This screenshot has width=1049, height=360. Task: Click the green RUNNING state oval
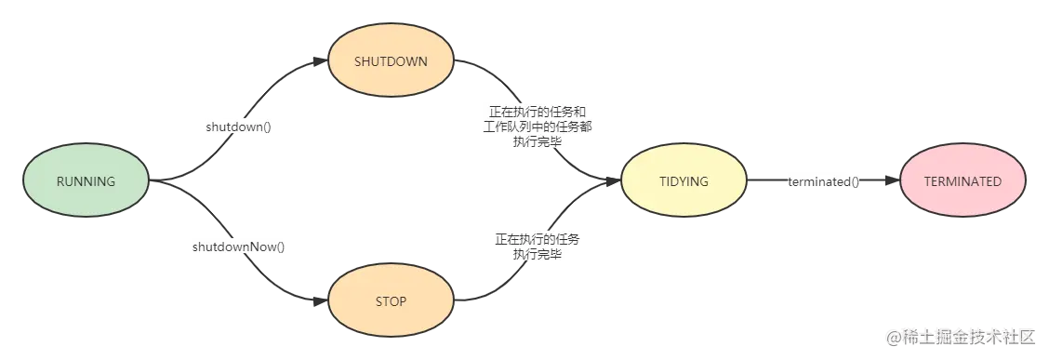coord(86,182)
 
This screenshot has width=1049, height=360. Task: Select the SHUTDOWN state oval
coord(391,61)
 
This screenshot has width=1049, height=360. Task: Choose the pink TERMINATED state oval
coord(963,182)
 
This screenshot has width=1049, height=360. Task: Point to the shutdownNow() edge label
coord(239,247)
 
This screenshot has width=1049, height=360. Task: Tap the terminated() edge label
coord(823,182)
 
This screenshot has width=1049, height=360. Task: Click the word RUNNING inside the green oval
coord(86,182)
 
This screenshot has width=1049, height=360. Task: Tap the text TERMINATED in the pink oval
coord(963,182)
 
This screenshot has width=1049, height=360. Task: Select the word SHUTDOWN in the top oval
coord(391,61)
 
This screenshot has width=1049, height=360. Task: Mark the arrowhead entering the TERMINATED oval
coord(895,182)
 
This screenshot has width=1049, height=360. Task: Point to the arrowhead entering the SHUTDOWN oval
coord(324,61)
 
